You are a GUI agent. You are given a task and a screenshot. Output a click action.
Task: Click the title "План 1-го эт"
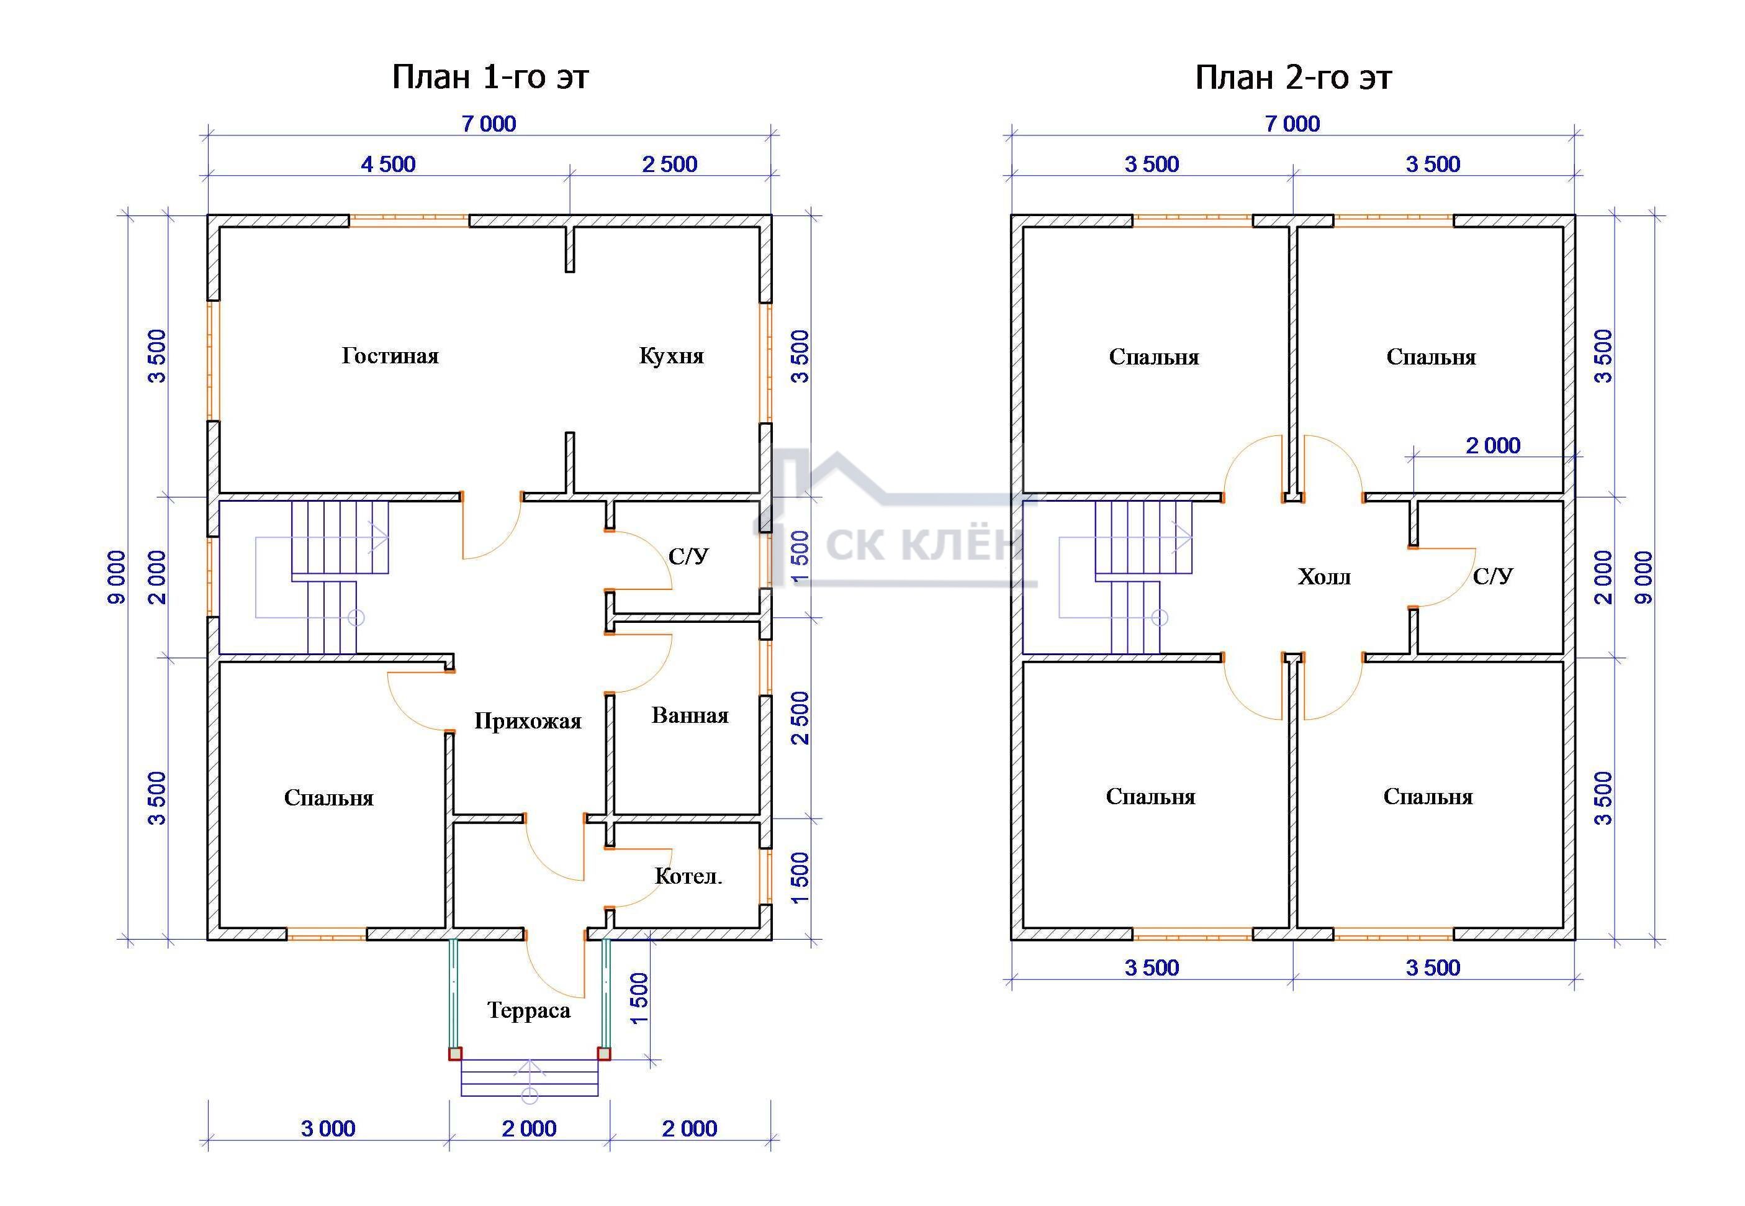[490, 77]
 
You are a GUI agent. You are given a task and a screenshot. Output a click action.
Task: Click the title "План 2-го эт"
[1292, 77]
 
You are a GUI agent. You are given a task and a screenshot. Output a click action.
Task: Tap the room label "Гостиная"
[390, 356]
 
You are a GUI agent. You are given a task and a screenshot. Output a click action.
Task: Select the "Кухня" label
[671, 356]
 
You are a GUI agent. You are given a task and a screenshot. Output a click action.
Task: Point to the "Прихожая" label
[527, 721]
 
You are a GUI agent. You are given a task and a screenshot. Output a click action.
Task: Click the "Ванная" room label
[690, 715]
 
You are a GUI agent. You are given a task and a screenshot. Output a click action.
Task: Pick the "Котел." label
[687, 876]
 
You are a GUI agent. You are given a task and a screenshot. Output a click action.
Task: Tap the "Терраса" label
[528, 1010]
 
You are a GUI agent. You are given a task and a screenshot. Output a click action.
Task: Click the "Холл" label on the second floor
[1323, 578]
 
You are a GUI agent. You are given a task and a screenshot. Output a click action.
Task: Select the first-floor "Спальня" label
[328, 798]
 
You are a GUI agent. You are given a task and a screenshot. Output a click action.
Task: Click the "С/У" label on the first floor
[688, 557]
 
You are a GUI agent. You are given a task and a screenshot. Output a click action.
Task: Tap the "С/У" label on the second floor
[1493, 576]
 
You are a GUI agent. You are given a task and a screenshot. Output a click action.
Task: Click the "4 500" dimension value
[388, 164]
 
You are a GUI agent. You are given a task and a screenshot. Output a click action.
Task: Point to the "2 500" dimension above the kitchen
[669, 164]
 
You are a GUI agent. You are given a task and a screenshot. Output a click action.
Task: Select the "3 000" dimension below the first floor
[328, 1128]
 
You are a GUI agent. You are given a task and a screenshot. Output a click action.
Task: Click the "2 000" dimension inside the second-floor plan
[1493, 446]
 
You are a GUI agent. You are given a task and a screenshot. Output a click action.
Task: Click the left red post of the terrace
[455, 1053]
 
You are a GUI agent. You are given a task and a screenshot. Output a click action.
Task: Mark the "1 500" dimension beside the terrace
[639, 998]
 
